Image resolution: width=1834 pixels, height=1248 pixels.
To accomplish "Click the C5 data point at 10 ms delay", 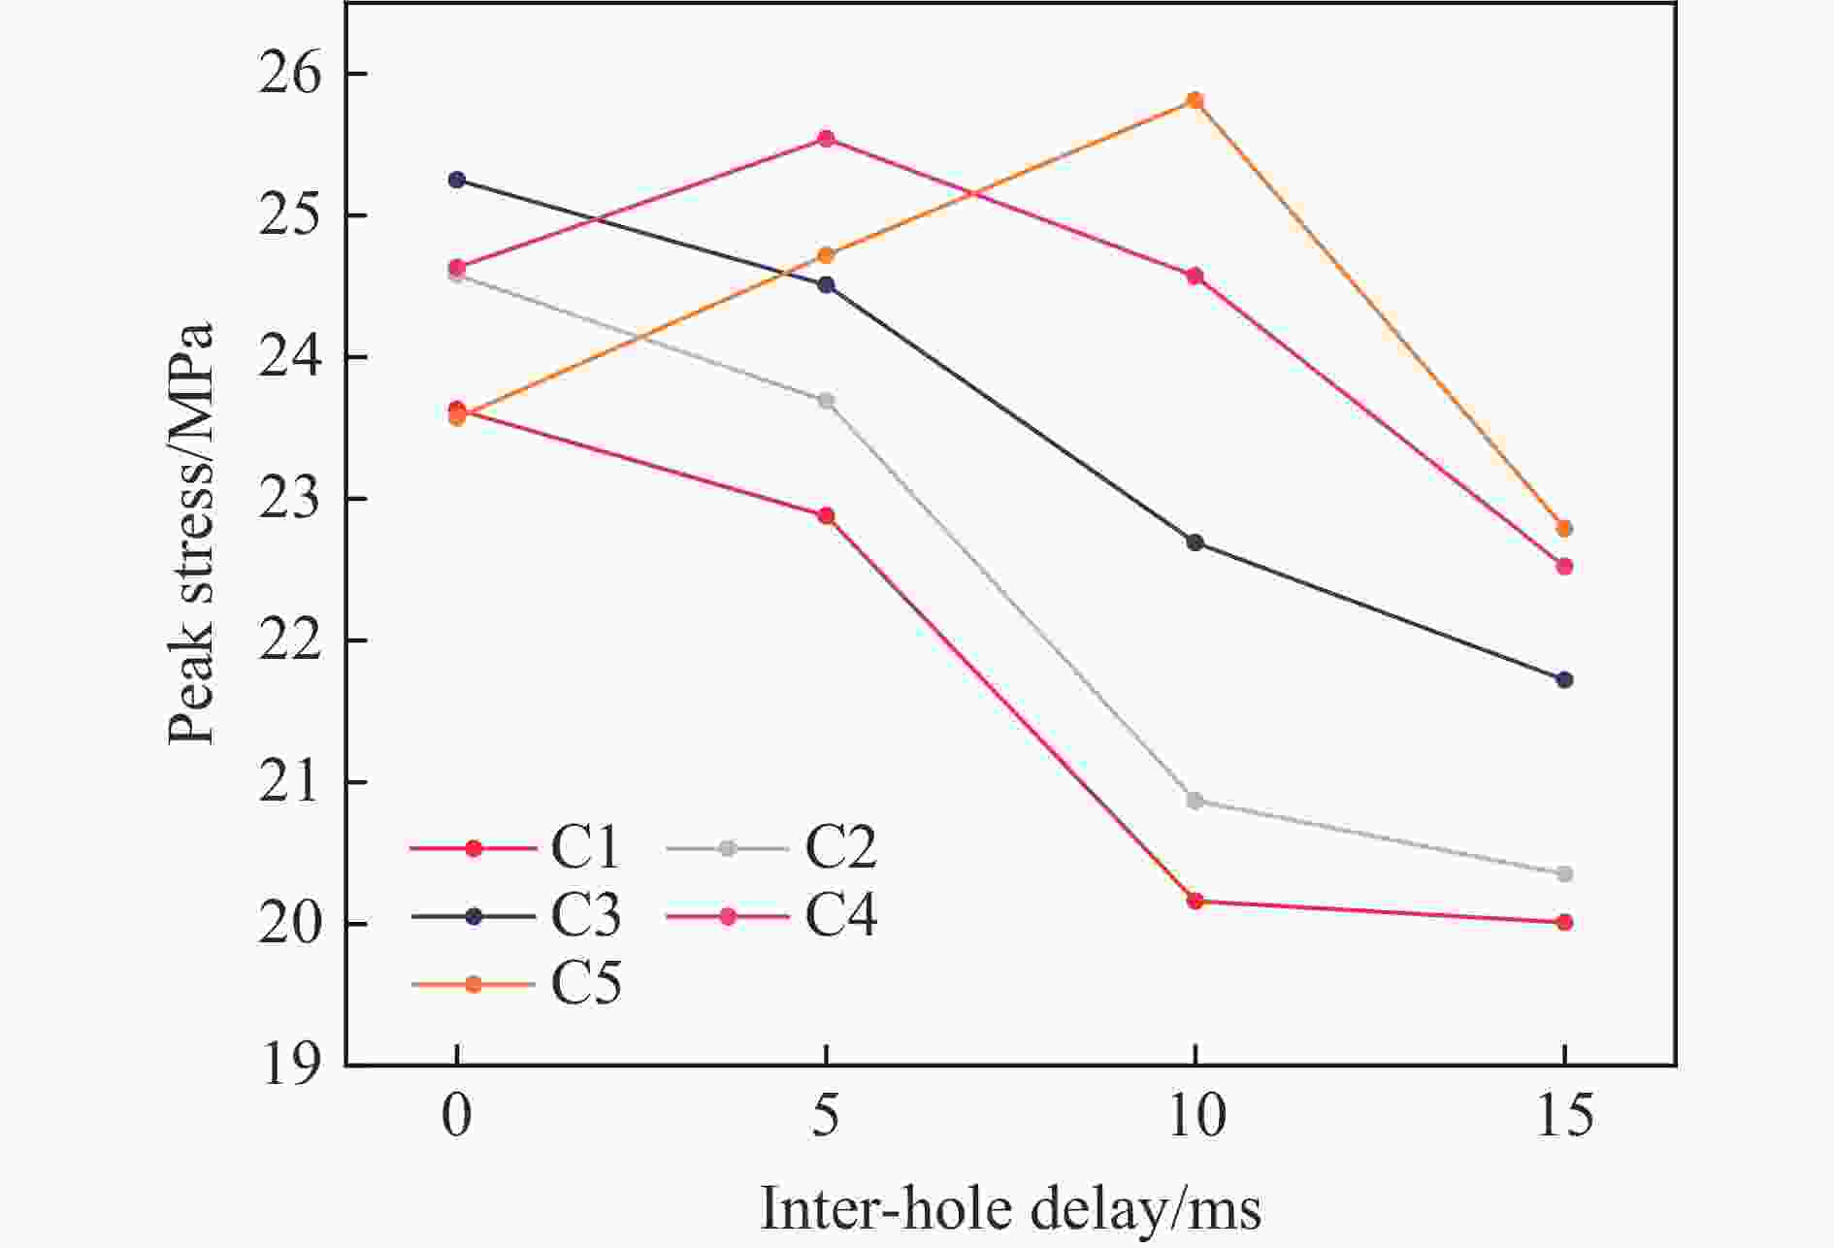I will (x=1195, y=101).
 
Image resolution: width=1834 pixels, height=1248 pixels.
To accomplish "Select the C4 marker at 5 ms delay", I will (x=826, y=139).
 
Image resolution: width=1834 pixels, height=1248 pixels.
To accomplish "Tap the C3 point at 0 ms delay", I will (x=457, y=180).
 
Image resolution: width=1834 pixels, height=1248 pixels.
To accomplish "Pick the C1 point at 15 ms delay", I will (x=1564, y=922).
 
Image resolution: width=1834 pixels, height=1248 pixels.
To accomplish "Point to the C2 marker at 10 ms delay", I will (x=1195, y=801).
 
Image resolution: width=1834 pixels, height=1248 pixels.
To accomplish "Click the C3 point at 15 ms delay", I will (x=1564, y=680).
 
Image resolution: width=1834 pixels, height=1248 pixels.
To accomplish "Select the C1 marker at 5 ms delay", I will (x=826, y=515).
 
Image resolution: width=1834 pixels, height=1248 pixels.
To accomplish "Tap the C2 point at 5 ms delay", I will (x=826, y=401).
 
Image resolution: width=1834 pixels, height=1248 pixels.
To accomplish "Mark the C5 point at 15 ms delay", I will (x=1564, y=529).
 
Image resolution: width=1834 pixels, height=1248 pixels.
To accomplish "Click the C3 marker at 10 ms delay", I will (x=1195, y=542).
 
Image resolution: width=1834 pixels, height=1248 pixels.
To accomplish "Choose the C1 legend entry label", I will (x=585, y=847).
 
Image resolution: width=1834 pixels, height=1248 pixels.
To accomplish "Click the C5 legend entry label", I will (x=585, y=984).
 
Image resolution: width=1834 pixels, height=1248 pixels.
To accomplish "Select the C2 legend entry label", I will (x=840, y=847).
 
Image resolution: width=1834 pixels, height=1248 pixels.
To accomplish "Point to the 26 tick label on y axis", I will (x=289, y=75).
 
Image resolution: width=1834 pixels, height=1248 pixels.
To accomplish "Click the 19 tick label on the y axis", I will (x=289, y=1066).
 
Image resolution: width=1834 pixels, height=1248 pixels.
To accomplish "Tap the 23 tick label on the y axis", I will (x=289, y=500).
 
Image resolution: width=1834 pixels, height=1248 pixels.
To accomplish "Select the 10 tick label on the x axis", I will (x=1195, y=1117).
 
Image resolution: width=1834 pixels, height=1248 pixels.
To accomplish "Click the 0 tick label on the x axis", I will (x=457, y=1117).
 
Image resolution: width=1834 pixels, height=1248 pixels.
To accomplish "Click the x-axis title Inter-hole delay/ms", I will (x=1010, y=1209).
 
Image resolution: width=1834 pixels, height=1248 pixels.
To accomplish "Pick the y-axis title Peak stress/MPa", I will (x=190, y=534).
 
